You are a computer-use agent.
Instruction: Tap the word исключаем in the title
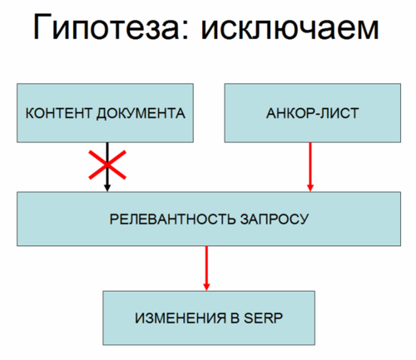290,29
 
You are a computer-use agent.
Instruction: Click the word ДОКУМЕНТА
141,114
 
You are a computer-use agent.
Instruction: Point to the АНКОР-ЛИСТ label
313,113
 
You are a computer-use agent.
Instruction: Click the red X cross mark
107,165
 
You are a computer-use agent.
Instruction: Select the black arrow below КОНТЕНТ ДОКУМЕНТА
107,167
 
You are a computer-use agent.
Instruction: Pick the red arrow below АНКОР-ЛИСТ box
310,167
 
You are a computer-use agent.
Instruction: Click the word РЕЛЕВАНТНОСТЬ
172,219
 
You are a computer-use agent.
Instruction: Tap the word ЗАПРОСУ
275,219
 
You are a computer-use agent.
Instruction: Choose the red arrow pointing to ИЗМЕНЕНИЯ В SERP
206,269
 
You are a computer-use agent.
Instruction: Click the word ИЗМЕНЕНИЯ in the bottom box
181,318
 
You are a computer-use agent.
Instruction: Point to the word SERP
263,318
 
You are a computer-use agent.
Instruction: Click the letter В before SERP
235,318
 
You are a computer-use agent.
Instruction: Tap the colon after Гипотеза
186,30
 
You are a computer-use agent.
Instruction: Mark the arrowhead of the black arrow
107,188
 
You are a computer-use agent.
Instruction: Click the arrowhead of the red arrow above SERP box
206,287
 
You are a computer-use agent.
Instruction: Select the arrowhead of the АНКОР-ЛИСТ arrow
310,188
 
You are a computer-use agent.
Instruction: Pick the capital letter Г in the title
42,27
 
